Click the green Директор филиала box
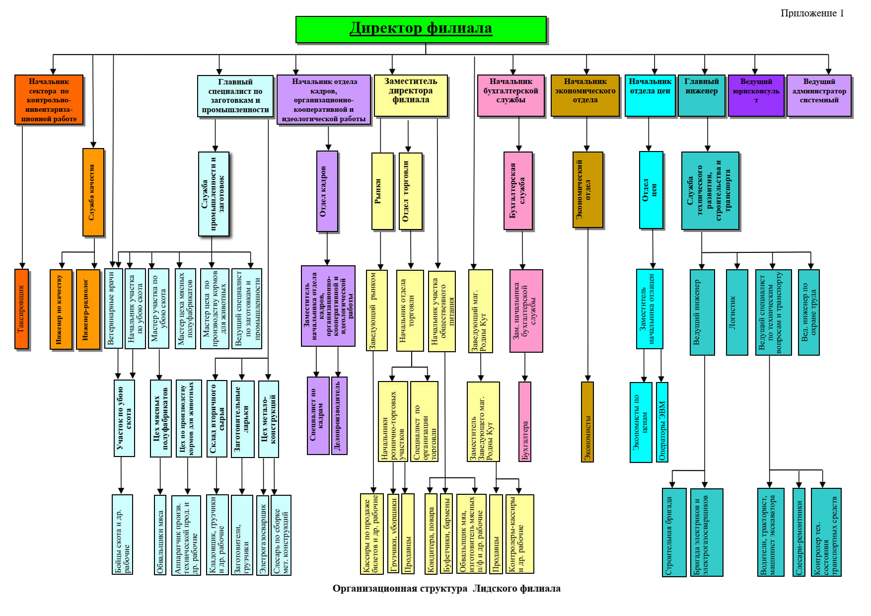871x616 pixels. pos(421,29)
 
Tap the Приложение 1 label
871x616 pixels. pos(812,13)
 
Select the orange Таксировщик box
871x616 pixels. pos(21,309)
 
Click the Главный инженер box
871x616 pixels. pos(701,95)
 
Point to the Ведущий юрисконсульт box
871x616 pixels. pos(756,95)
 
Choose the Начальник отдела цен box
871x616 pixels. pos(650,95)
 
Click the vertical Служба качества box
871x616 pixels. pos(93,192)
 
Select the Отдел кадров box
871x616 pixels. pos(327,191)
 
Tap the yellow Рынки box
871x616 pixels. pos(382,191)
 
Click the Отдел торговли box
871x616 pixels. pos(410,191)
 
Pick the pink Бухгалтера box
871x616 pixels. pos(525,421)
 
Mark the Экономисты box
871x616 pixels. pos(587,421)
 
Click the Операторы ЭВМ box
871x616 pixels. pos(662,421)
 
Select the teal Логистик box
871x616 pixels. pos(736,312)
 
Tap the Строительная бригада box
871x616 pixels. pos(674,532)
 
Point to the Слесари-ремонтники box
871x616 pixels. pos(798,532)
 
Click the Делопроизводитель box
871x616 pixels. pos(339,415)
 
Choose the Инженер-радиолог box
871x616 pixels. pos(88,309)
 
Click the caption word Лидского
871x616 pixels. pos(495,589)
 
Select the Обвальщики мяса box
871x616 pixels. pos(160,535)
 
